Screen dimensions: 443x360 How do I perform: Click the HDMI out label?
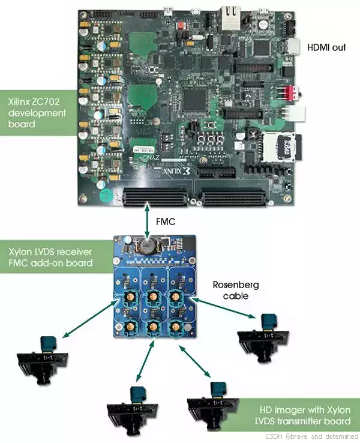pos(326,47)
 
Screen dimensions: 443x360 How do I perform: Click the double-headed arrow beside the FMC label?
pos(148,221)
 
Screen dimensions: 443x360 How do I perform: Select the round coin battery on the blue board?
pos(145,246)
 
